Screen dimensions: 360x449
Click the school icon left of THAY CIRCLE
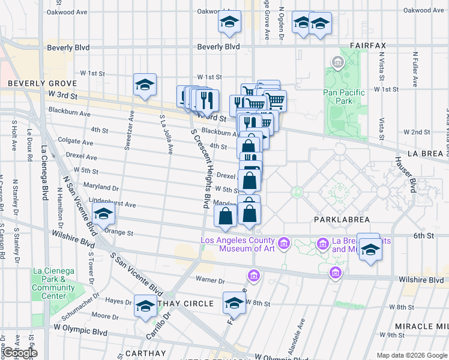[145, 306]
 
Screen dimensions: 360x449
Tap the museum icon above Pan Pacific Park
[337, 62]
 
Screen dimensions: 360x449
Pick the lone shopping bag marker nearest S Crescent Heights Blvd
[226, 217]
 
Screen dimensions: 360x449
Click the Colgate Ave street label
[76, 143]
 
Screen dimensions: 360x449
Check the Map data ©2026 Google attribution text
[411, 355]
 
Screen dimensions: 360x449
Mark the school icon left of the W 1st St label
[145, 85]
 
